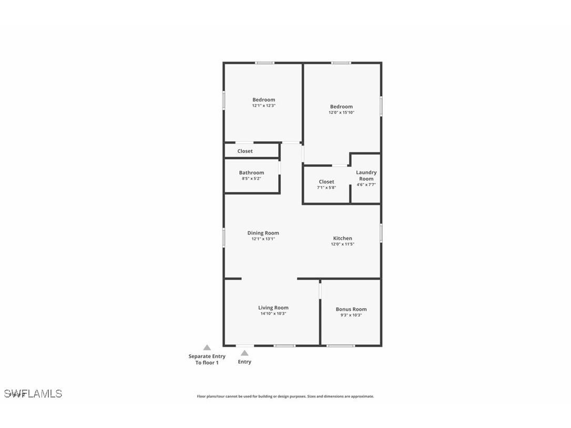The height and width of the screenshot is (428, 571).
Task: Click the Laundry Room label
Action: tap(366, 176)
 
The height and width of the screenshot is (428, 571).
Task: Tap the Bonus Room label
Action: tap(351, 309)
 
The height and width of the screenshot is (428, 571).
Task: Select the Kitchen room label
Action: tap(342, 238)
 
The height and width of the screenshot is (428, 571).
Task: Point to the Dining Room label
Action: tap(263, 233)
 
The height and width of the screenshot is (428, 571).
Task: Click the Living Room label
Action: tap(273, 308)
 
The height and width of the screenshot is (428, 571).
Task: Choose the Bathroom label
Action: tap(251, 172)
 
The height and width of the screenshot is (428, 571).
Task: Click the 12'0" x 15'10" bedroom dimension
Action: tap(342, 113)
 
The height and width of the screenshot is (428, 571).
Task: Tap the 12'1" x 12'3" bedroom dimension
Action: tap(263, 106)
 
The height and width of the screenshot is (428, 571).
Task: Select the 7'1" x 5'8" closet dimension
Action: tap(326, 188)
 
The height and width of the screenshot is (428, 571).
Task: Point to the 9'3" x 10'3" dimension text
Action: tap(351, 315)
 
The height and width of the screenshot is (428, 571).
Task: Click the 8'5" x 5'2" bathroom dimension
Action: tap(251, 178)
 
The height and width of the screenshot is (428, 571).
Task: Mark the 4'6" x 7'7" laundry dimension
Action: tap(366, 185)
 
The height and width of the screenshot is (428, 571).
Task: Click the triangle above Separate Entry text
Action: tap(207, 348)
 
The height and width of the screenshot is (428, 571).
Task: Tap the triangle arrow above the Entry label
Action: tap(244, 353)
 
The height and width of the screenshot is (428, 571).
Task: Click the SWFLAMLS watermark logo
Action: tap(33, 394)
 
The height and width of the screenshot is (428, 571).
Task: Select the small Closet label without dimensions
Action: tap(245, 151)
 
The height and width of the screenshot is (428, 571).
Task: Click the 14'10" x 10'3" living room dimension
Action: tap(273, 313)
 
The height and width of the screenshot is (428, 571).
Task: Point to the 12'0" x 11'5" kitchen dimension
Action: tap(342, 244)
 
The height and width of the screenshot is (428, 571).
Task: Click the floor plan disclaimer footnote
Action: tap(285, 396)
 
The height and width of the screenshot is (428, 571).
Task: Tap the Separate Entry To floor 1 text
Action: tap(207, 360)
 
